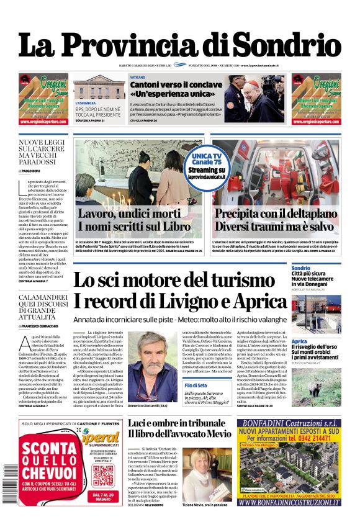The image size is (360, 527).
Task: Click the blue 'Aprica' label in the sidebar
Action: tap(299, 341)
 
